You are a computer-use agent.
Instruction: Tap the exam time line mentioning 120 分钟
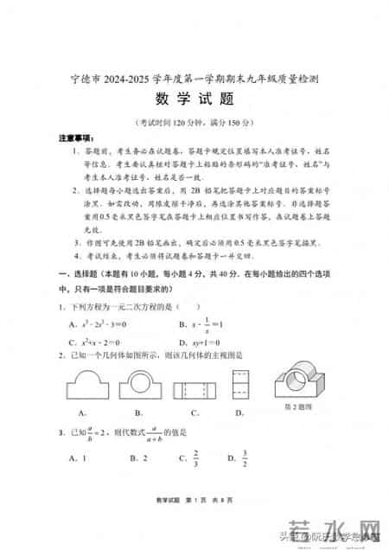point(194,121)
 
